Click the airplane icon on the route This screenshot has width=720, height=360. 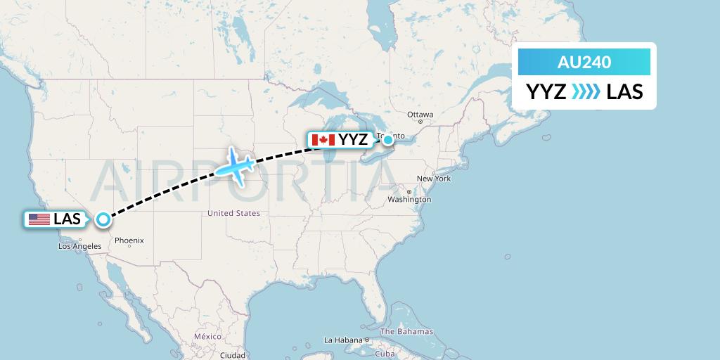[236, 167]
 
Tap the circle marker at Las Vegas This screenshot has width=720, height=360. [103, 219]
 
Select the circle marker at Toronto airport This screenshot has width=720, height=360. [387, 140]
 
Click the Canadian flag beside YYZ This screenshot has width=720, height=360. [323, 140]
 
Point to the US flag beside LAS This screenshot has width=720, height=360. [39, 219]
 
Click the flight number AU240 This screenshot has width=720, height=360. [584, 63]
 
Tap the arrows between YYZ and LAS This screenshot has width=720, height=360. [586, 92]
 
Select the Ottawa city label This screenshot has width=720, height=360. [420, 115]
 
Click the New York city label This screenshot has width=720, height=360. [434, 179]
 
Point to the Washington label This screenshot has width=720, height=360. [409, 200]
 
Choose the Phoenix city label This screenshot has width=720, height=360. [129, 240]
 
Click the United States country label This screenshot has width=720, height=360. [234, 213]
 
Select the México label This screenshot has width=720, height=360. [208, 337]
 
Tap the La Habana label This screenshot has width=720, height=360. [342, 340]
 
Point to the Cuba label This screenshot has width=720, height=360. [385, 354]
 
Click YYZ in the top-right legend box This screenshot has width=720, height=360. [546, 92]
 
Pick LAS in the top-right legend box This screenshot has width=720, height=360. [624, 92]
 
